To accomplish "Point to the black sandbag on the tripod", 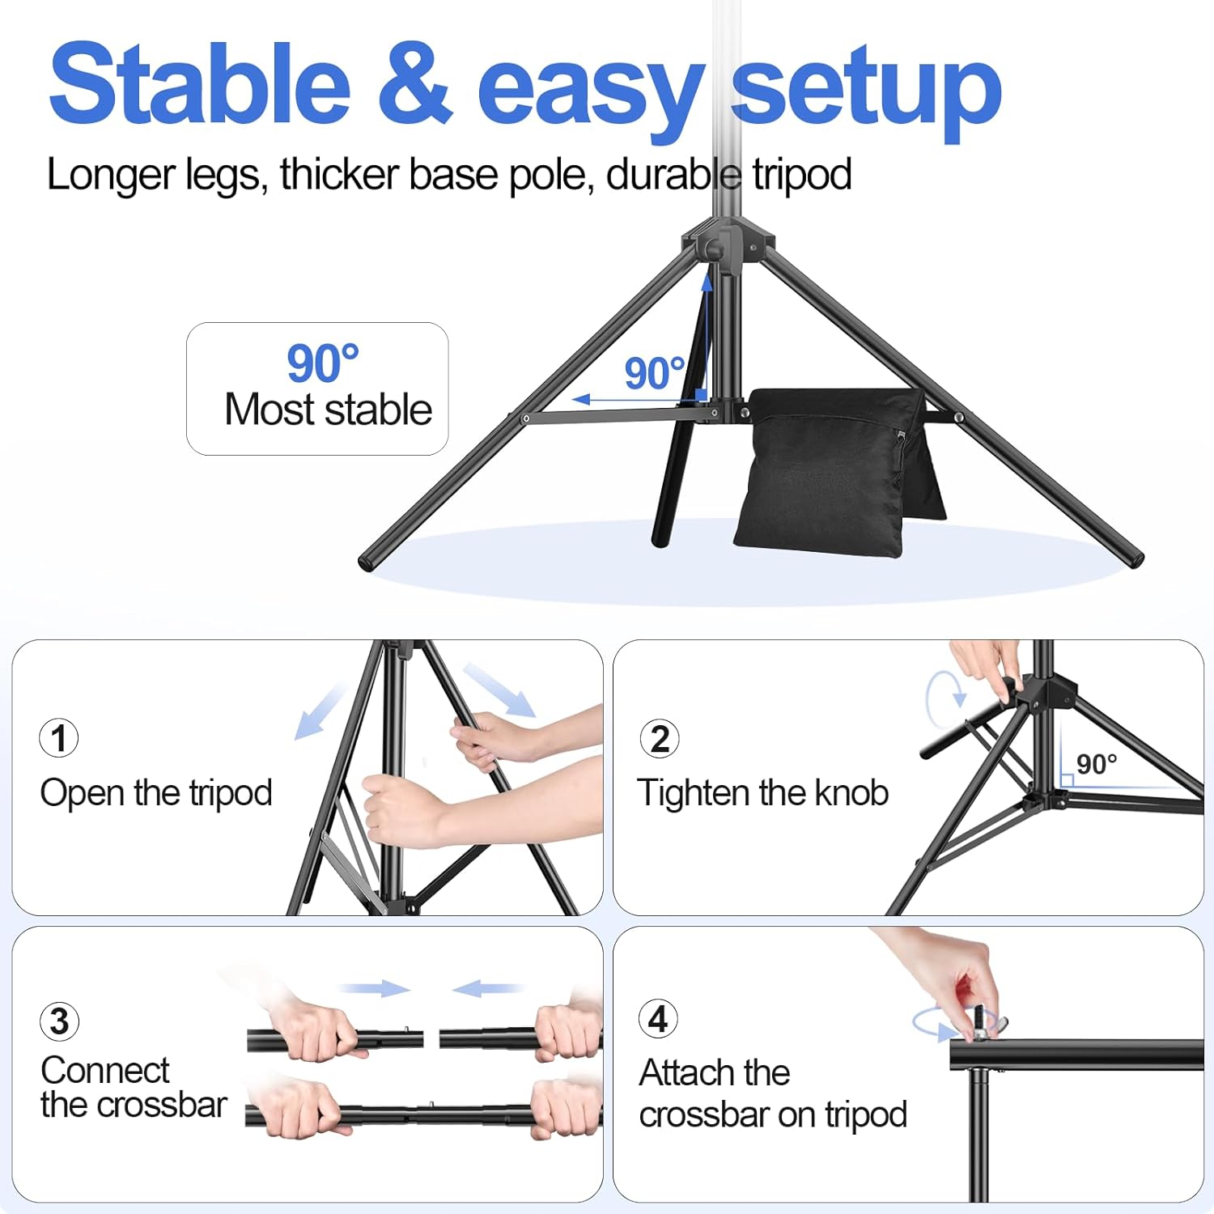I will (834, 469).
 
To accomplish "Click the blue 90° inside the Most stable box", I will (322, 363).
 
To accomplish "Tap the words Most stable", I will (328, 410).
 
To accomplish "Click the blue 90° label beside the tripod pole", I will (654, 374).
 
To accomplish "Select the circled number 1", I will (59, 738).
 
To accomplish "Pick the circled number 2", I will (660, 739).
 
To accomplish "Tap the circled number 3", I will (59, 1021).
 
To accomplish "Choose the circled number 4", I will (658, 1019).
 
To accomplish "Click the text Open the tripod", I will (156, 793).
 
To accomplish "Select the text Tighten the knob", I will (762, 793).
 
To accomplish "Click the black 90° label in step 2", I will (1097, 764).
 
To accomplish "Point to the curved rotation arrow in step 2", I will (944, 698).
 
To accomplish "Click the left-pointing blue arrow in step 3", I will (486, 988).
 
